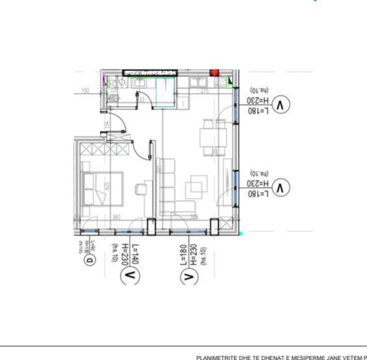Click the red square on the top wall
[x=215, y=73]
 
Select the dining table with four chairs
[x=213, y=137]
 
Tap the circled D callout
[x=91, y=259]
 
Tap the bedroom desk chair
[x=141, y=189]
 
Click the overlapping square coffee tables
[x=196, y=187]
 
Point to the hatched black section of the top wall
[x=150, y=73]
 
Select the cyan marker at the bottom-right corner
[x=241, y=232]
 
